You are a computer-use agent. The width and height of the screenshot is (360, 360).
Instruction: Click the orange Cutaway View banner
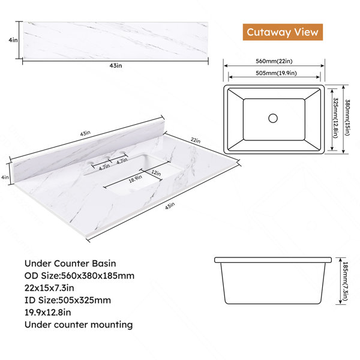[x=283, y=32]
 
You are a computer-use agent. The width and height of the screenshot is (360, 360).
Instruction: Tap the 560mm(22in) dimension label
[x=274, y=61]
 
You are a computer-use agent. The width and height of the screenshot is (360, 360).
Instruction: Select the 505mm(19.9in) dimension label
[x=276, y=73]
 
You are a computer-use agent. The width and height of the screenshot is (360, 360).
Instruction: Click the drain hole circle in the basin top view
[x=273, y=118]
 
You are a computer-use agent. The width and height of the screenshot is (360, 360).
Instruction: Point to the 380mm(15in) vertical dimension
[x=347, y=118]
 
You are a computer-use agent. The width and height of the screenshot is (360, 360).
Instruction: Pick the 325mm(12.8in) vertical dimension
[x=335, y=118]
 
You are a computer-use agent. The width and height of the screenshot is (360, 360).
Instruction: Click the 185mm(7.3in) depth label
[x=345, y=281]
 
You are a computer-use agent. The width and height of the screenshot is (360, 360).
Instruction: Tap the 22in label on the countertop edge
[x=196, y=140]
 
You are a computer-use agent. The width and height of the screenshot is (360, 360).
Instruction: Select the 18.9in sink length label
[x=135, y=179]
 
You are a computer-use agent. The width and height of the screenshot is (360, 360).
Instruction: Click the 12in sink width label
[x=156, y=173]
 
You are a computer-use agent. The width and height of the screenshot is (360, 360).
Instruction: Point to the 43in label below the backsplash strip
[x=116, y=65]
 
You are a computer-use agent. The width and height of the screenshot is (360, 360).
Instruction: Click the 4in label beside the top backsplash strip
[x=13, y=40]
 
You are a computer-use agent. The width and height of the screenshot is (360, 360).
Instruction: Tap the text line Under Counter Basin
[x=70, y=263]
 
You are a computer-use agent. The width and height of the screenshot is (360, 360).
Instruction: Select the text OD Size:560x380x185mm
[x=79, y=275]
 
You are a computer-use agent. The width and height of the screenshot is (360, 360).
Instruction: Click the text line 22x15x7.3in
[x=49, y=288]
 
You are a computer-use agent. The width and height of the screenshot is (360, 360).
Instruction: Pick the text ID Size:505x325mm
[x=68, y=300]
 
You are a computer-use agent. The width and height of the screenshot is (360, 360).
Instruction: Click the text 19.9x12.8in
[x=48, y=313]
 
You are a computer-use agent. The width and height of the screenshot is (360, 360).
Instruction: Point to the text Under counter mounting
[x=79, y=325]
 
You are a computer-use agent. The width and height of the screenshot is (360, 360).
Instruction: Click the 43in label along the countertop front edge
[x=170, y=206]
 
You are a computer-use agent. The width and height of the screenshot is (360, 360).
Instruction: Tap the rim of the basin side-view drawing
[x=273, y=260]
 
